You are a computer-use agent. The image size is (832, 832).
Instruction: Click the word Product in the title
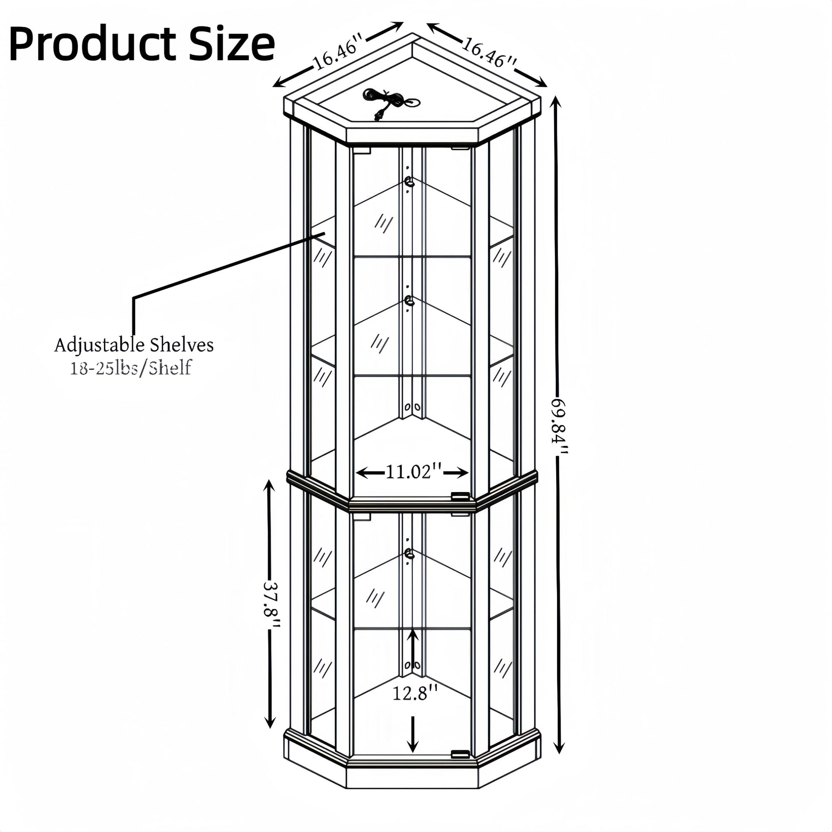pos(92,44)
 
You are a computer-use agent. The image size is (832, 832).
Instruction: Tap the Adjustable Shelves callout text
pos(134,345)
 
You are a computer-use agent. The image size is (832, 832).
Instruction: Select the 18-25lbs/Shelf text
pos(130,368)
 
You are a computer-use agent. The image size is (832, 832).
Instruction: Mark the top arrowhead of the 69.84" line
pos(556,103)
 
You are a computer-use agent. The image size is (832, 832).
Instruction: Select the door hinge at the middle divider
pos(460,496)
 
